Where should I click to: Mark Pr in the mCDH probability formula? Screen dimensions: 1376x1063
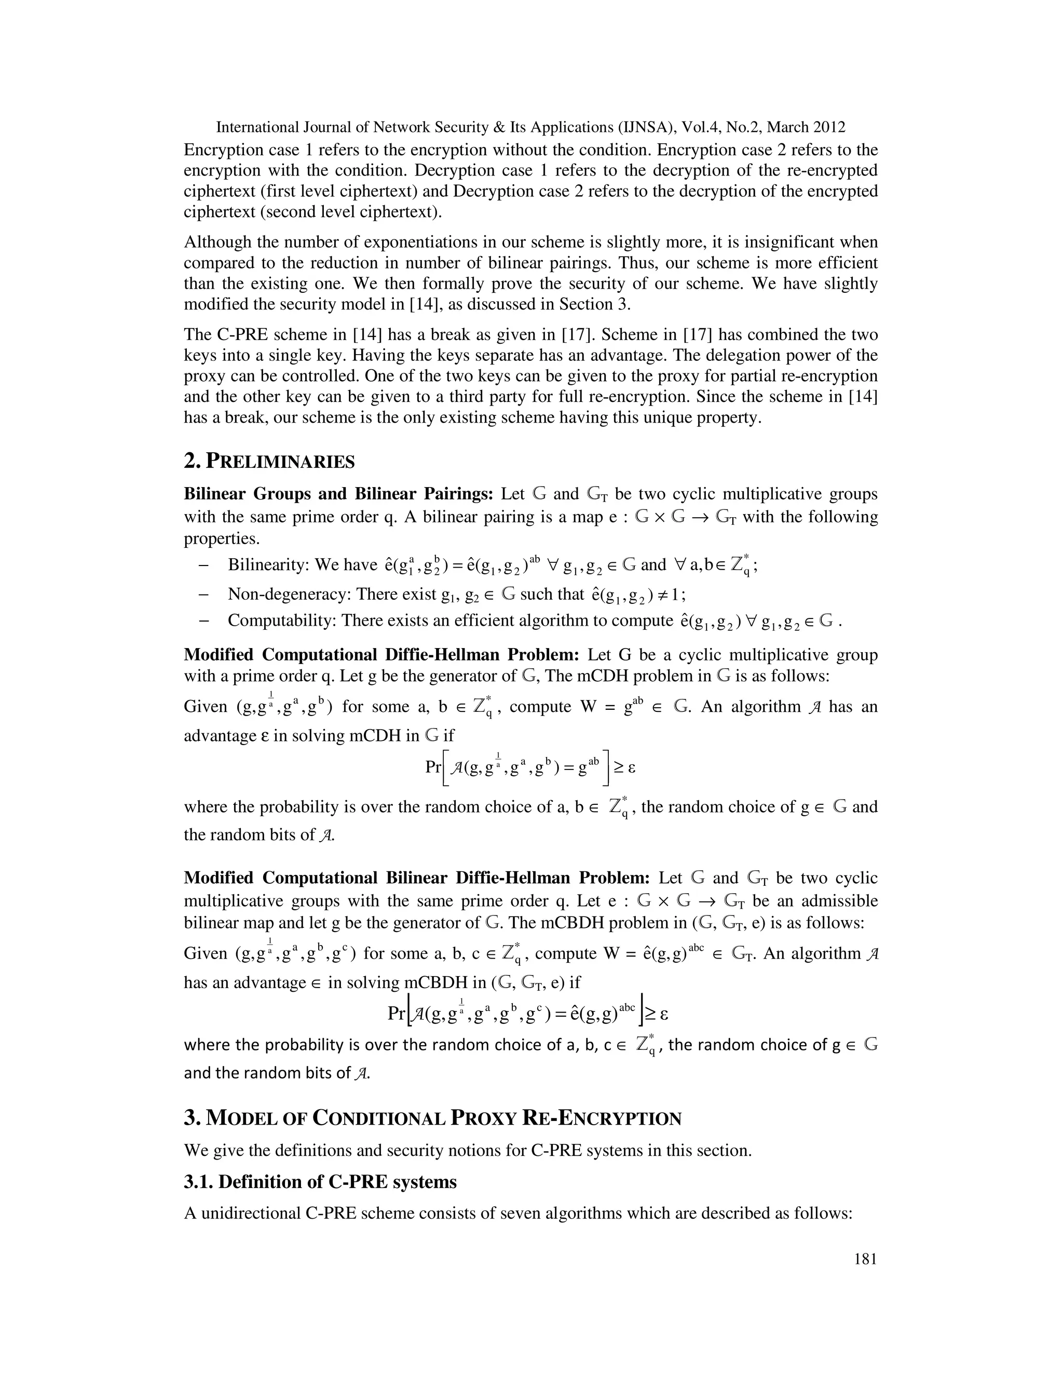coord(433,767)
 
